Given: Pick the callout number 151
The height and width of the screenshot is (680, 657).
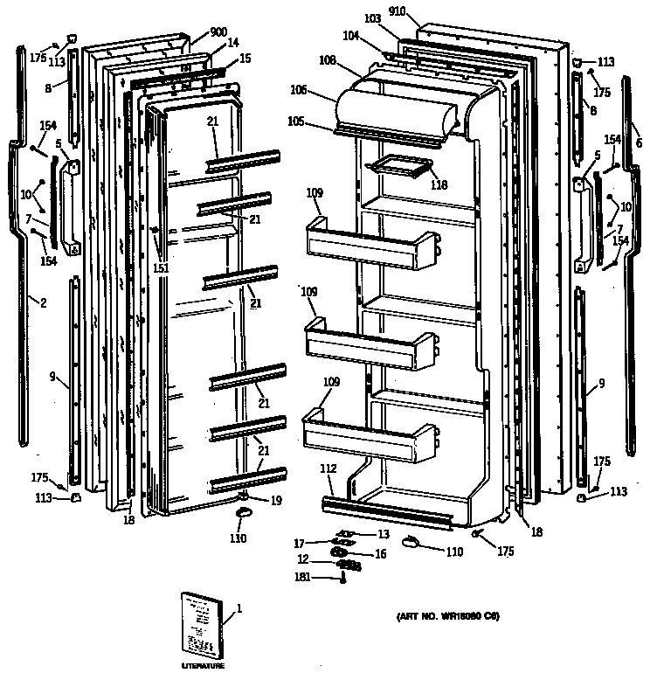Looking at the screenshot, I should point(160,268).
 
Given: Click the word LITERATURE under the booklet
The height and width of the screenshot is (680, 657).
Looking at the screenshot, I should point(203,666).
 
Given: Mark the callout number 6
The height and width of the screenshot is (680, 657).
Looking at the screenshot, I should point(639,143).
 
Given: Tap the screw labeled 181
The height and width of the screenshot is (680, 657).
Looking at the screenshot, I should point(343,579).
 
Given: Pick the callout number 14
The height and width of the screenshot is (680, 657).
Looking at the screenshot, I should point(232,43).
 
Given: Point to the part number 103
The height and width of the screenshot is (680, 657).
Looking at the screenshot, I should point(372,18).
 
